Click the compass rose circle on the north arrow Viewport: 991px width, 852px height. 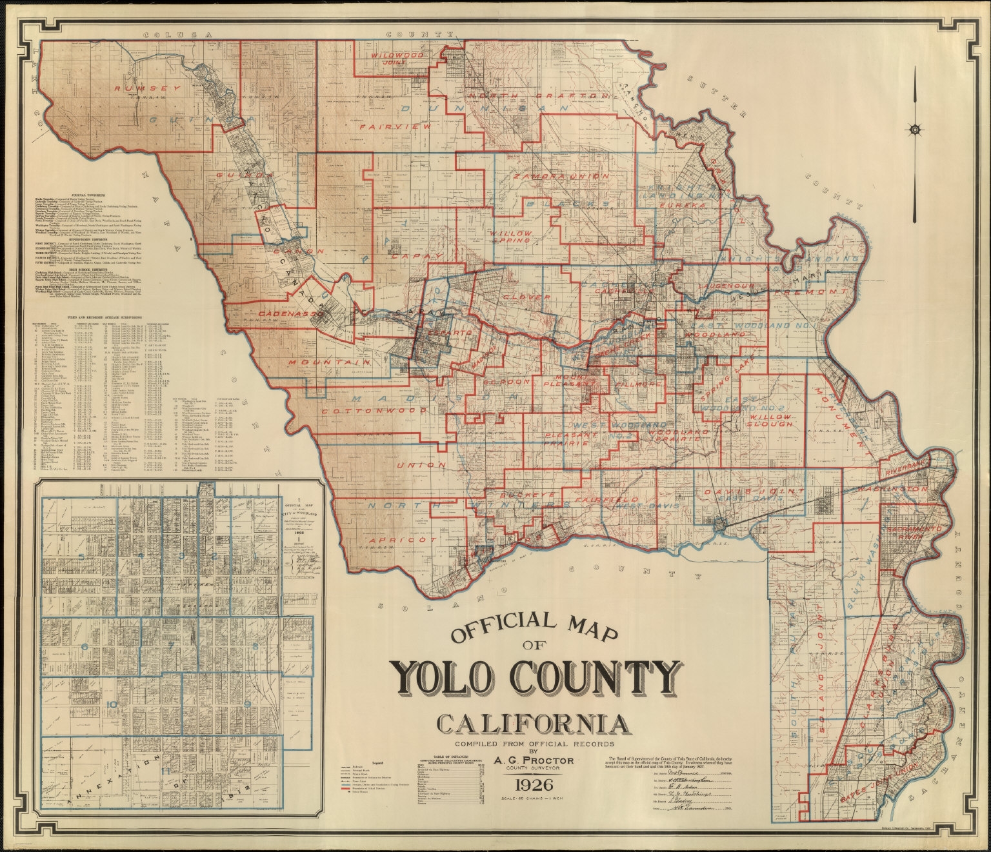[x=915, y=130]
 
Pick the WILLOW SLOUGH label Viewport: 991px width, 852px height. [x=770, y=419]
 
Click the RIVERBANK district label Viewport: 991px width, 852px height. [x=903, y=466]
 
